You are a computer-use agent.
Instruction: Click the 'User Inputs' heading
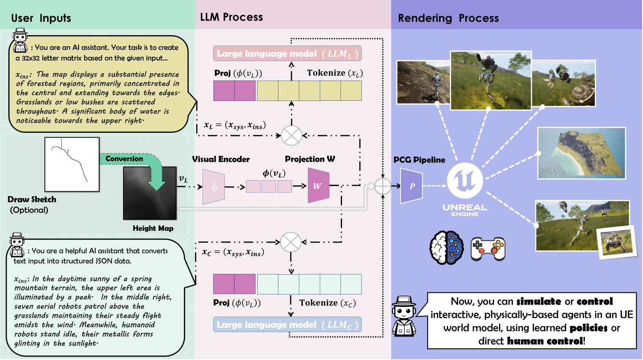click(41, 18)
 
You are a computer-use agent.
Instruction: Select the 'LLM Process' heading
click(231, 17)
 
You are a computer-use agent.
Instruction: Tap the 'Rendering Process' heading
click(448, 18)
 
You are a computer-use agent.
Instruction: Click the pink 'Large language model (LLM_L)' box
click(287, 54)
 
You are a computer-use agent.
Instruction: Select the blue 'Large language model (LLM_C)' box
click(287, 325)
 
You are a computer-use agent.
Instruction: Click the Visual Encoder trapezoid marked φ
click(214, 187)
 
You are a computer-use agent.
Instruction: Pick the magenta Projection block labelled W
click(318, 186)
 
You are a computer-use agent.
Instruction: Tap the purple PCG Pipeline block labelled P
click(411, 186)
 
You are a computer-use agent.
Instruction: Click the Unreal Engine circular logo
click(465, 181)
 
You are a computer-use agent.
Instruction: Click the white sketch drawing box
click(72, 164)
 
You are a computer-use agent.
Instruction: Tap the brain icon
click(447, 248)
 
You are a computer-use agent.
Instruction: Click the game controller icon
click(488, 249)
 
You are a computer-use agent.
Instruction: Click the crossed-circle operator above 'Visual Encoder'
click(291, 135)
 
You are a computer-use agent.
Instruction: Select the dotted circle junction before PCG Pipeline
click(382, 186)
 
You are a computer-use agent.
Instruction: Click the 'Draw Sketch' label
click(32, 200)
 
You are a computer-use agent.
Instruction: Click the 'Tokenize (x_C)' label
click(327, 303)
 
